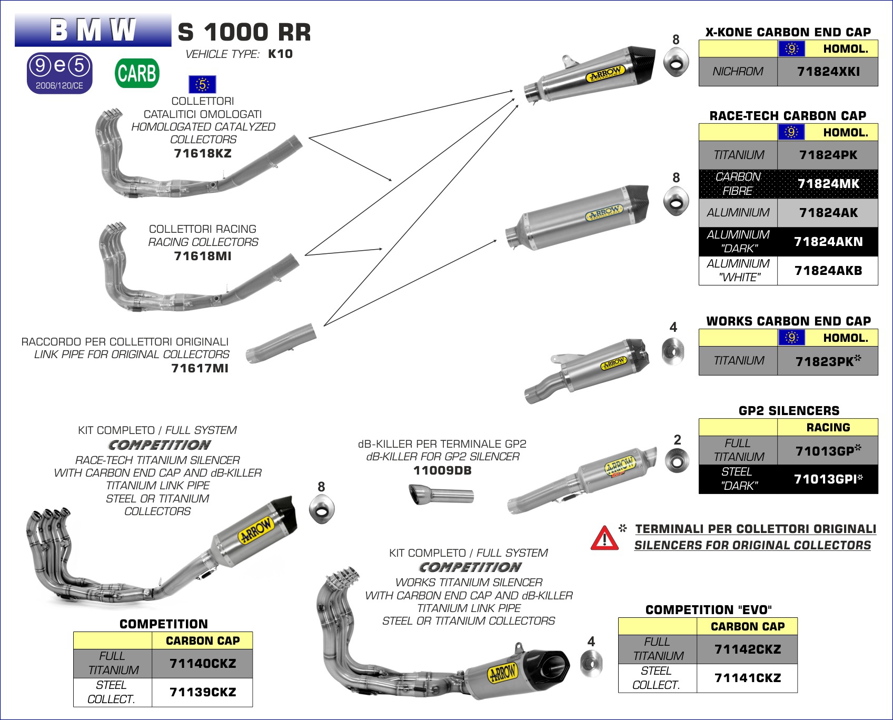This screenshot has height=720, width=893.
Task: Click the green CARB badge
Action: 137,73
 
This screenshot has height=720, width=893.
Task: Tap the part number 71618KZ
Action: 203,154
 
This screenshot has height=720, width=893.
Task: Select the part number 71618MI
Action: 203,257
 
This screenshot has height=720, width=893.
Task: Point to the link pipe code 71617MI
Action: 200,369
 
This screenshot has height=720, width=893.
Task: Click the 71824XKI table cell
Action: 828,72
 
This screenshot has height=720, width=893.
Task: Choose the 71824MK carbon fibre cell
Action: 828,184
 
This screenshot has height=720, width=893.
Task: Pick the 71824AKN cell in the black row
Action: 828,242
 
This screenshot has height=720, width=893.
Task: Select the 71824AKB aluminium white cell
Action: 828,271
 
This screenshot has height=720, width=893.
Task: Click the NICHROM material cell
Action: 738,72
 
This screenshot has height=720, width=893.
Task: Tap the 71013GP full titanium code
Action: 828,451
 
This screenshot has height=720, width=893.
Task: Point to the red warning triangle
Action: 604,538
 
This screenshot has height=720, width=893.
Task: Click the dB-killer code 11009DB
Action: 442,471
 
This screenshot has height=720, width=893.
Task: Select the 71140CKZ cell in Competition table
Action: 202,664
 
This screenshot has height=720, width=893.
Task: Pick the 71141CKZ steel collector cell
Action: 747,678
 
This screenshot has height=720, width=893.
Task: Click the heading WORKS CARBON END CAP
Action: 788,321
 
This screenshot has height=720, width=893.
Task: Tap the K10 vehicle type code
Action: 280,54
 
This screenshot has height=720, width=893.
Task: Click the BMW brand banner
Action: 93,31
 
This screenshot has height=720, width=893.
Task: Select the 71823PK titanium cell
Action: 828,361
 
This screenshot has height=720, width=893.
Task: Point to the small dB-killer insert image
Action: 441,495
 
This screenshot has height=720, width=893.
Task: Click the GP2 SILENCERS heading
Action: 789,411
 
